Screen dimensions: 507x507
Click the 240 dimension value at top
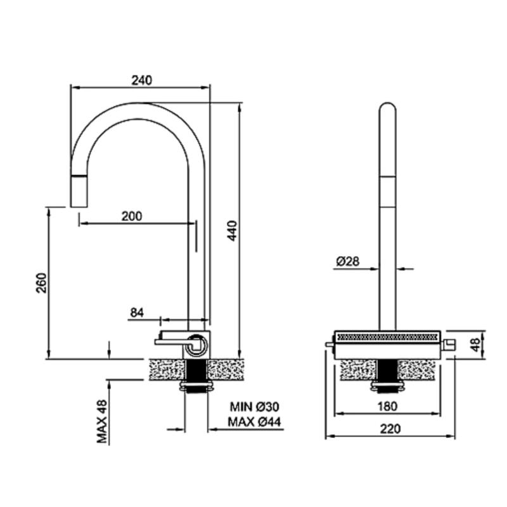click(x=142, y=80)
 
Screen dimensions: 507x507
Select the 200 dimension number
click(x=131, y=216)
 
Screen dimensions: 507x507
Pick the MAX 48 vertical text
click(x=102, y=421)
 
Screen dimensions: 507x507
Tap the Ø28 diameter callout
click(x=348, y=261)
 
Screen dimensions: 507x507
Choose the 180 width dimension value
click(x=387, y=406)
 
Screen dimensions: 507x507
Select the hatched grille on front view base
click(x=387, y=335)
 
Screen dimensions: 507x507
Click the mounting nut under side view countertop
click(x=196, y=387)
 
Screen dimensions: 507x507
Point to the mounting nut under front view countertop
click(x=387, y=384)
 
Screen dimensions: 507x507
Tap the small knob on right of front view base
click(x=449, y=345)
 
